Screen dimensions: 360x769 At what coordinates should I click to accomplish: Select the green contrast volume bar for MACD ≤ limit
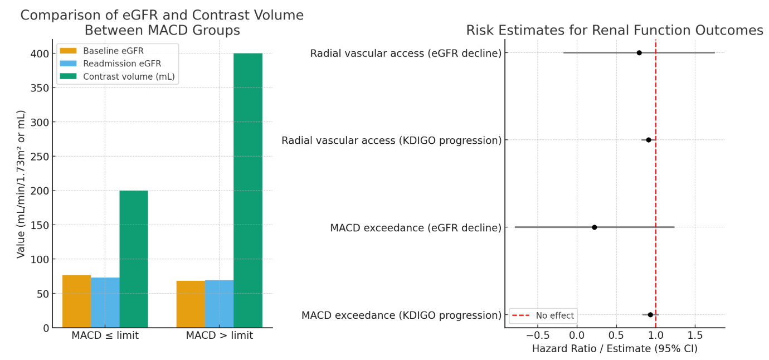tap(134, 259)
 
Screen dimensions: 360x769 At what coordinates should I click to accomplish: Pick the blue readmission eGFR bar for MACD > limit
tap(219, 304)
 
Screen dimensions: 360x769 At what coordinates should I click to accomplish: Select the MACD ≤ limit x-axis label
tap(105, 335)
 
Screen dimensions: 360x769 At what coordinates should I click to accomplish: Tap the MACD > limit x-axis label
tap(219, 335)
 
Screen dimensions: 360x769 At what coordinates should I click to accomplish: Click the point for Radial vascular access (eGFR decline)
tap(639, 53)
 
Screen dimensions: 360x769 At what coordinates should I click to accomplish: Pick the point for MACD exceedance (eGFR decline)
tap(594, 227)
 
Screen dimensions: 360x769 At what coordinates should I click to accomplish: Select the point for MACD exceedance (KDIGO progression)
tap(650, 315)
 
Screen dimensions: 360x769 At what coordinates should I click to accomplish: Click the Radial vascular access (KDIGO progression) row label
tap(391, 140)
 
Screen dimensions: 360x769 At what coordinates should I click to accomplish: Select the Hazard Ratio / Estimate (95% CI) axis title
tap(615, 349)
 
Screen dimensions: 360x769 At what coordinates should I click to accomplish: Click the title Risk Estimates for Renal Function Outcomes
tap(615, 30)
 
